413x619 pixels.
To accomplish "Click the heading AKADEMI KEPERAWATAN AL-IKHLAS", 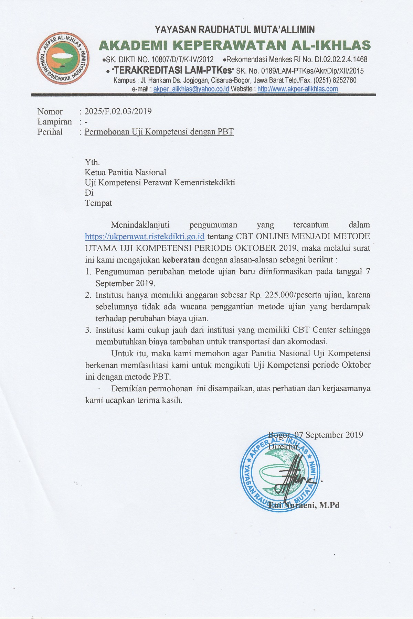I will tap(235, 45).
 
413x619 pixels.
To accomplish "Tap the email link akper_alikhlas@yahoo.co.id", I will tap(191, 89).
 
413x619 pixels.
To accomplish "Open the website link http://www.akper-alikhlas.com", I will tap(297, 89).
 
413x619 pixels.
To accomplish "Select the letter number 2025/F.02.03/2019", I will tap(118, 111).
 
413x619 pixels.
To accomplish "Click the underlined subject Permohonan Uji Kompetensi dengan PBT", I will tap(159, 132).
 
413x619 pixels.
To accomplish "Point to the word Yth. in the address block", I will tap(92, 162).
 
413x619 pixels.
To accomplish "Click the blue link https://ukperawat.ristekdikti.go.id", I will tap(145, 237).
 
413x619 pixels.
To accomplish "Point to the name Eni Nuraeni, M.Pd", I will tap(304, 505).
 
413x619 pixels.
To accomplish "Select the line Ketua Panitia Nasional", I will tap(125, 172).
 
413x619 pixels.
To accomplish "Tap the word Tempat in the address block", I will tap(98, 203).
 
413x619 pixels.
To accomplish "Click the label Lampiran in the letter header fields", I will tap(55, 122).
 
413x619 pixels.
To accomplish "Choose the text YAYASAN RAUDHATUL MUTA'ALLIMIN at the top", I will tap(235, 30).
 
